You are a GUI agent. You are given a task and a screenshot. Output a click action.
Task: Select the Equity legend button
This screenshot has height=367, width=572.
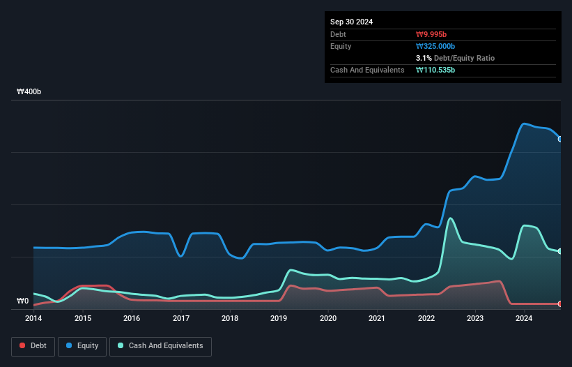pyautogui.click(x=82, y=345)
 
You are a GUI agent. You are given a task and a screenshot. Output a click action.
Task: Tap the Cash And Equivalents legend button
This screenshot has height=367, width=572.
pyautogui.click(x=160, y=345)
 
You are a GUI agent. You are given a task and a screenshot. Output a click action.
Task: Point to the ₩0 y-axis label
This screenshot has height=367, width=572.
pyautogui.click(x=23, y=301)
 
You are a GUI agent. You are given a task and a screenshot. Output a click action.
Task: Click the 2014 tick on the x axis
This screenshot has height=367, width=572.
pyautogui.click(x=33, y=318)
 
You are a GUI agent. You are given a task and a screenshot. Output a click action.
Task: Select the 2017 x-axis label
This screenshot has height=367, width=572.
pyautogui.click(x=181, y=318)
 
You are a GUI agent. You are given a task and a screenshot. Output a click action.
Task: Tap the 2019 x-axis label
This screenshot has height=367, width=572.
pyautogui.click(x=279, y=318)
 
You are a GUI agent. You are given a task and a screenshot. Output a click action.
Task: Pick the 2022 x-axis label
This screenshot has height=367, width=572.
pyautogui.click(x=426, y=318)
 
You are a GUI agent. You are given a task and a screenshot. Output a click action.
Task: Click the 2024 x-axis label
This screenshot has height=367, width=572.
pyautogui.click(x=524, y=318)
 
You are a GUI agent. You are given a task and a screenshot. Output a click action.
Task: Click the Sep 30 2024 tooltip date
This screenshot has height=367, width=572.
pyautogui.click(x=351, y=22)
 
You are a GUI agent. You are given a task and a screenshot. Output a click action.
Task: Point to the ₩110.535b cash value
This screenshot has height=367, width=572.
pyautogui.click(x=435, y=70)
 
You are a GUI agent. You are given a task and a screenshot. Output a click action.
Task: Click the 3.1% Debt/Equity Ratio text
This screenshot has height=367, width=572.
pyautogui.click(x=455, y=58)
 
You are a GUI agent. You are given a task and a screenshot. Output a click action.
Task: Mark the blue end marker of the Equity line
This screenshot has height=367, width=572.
pyautogui.click(x=560, y=139)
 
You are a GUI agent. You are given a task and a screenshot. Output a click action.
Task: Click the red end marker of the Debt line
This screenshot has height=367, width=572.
pyautogui.click(x=560, y=304)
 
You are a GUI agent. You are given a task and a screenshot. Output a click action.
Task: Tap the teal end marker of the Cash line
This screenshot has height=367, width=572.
pyautogui.click(x=560, y=251)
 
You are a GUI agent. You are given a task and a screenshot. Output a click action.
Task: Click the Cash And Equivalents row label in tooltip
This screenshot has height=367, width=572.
pyautogui.click(x=367, y=70)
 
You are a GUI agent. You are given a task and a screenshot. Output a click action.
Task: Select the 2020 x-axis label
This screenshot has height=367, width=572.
pyautogui.click(x=328, y=318)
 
